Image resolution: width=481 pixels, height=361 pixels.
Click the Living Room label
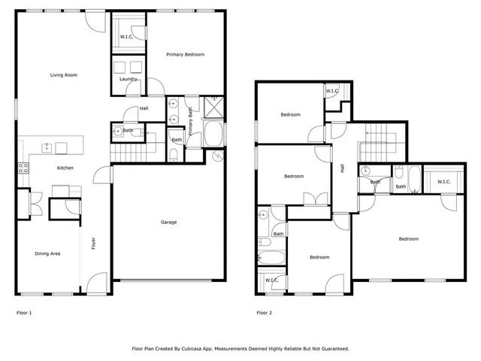pos(64,75)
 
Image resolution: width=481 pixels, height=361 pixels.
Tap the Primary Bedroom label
pos(185,54)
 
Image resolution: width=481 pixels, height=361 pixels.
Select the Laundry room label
pos(127,79)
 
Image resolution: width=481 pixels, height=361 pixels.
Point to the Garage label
pos(169,222)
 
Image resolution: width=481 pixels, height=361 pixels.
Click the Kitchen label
pos(65,168)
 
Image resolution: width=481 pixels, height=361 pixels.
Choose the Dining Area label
pos(47,253)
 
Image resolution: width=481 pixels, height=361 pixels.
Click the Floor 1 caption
pos(24,312)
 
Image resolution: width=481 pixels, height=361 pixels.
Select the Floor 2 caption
pos(264,312)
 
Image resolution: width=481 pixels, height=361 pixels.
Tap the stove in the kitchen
pos(23,168)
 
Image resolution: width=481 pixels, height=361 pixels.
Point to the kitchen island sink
pos(47,147)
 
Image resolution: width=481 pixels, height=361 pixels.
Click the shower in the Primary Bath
pos(213,106)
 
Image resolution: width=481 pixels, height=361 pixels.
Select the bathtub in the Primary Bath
pos(213,135)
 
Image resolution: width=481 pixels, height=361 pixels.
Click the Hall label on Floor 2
pos(342,169)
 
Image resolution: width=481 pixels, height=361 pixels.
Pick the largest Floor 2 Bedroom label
pos(408,239)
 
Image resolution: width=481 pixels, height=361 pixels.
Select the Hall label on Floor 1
pos(142,109)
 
